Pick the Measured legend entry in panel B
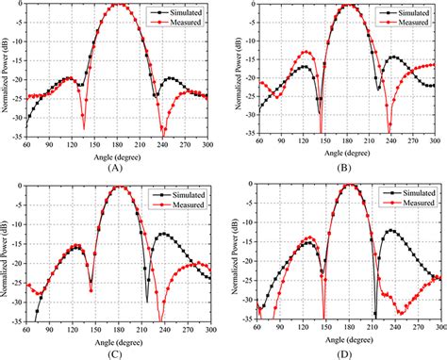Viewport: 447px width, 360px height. pos(408,20)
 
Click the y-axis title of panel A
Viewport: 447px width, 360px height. pos(7,71)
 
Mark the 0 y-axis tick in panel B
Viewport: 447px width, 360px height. pos(248,5)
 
